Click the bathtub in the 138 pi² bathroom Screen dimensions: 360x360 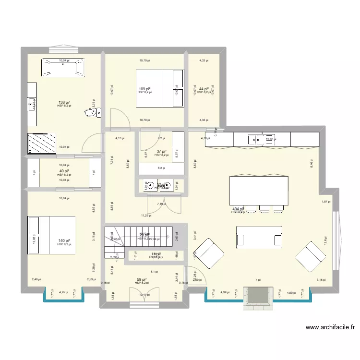pyautogui.click(x=63, y=67)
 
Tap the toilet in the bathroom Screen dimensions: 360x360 pyautogui.click(x=90, y=113)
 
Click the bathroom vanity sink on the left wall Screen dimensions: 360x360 pyautogui.click(x=32, y=103)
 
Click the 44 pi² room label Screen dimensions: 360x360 pyautogui.click(x=204, y=89)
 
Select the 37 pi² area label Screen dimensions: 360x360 pyautogui.click(x=162, y=151)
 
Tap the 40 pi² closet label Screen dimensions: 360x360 pyautogui.click(x=64, y=171)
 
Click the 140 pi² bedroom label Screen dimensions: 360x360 pyautogui.click(x=64, y=240)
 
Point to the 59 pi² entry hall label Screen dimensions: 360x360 pyautogui.click(x=142, y=279)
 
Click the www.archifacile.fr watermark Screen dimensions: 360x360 pyautogui.click(x=331, y=328)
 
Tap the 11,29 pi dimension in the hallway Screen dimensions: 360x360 pyautogui.click(x=146, y=216)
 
